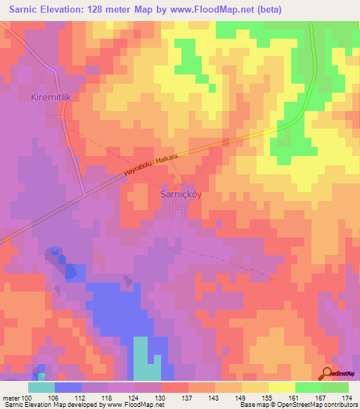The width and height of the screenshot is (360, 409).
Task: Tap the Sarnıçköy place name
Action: click(x=181, y=195)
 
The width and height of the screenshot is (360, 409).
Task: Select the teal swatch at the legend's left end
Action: click(x=41, y=387)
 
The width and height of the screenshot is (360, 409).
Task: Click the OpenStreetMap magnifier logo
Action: click(x=326, y=374)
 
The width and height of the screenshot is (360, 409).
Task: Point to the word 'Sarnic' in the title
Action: click(x=25, y=9)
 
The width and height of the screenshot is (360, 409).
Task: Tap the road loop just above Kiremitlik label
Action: click(x=49, y=76)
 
